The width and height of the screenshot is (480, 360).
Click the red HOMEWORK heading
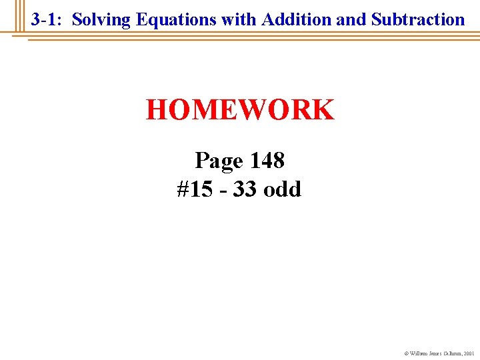tap(240, 110)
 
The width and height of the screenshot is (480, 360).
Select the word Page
tap(219, 161)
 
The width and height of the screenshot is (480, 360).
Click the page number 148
tap(267, 161)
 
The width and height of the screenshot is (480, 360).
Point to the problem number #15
tap(193, 189)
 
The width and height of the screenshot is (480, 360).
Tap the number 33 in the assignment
tap(245, 189)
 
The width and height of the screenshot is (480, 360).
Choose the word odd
tap(283, 189)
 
